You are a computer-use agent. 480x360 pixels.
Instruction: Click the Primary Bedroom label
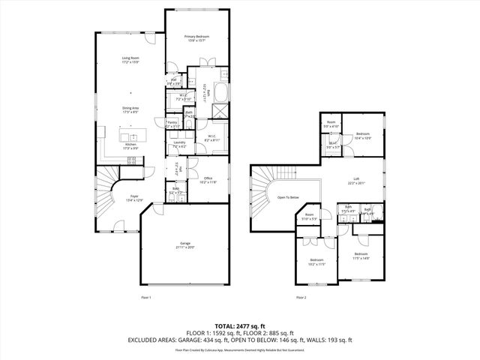[196, 38]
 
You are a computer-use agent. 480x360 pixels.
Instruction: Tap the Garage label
[184, 245]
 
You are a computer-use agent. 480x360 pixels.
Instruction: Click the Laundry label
[179, 144]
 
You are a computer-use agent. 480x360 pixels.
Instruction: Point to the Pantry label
[172, 124]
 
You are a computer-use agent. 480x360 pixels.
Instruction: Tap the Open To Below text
[288, 197]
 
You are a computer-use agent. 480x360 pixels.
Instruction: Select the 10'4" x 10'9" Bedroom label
[362, 135]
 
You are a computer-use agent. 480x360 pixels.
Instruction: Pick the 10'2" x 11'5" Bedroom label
[316, 262]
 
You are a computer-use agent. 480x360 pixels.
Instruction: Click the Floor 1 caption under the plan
[146, 298]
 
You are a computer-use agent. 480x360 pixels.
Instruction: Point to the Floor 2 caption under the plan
[301, 298]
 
